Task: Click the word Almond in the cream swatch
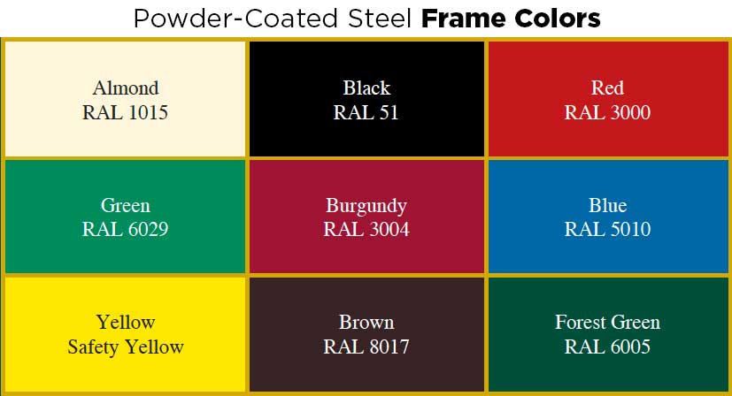pos(126,88)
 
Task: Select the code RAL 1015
pos(125,112)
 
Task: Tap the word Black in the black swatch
pos(366,88)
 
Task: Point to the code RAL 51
pos(366,112)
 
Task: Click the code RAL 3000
pos(607,112)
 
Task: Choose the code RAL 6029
pos(125,229)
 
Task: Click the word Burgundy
pos(366,206)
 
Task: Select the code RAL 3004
pos(366,229)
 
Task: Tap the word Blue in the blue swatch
pos(607,205)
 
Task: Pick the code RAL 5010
pos(607,229)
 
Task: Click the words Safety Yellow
pos(126,347)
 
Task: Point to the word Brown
pos(366,323)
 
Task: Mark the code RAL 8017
pos(366,346)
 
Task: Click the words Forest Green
pos(607,323)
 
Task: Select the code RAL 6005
pos(607,346)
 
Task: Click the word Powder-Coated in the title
pos(235,19)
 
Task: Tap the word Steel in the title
pos(379,19)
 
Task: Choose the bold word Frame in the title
pos(464,19)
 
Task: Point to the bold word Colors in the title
pos(557,19)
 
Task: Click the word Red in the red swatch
pos(607,88)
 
